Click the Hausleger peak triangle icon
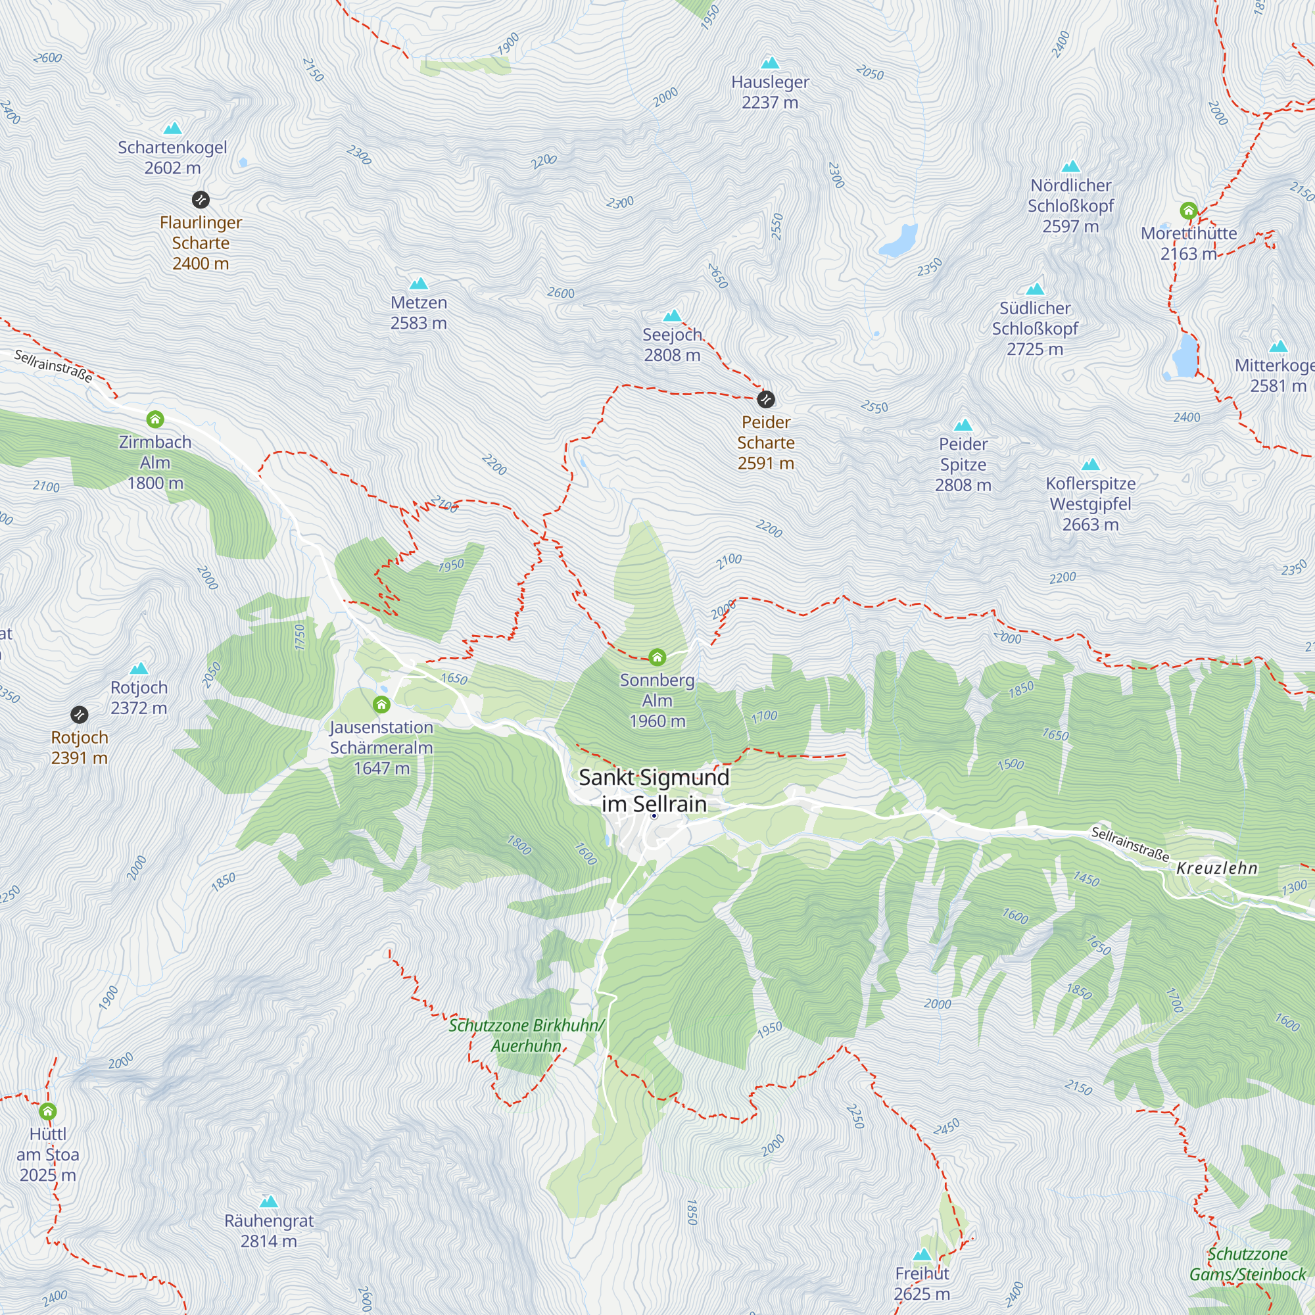770,63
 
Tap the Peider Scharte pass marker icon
766,399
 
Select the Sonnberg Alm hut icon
657,657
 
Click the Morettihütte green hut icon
1188,210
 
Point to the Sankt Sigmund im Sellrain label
654,790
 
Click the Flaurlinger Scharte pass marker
200,199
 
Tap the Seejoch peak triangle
673,316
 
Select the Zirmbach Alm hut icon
155,419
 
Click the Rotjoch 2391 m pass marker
80,715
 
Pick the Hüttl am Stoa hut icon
47,1111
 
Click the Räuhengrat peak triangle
269,1202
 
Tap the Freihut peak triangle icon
922,1255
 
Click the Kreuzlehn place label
1217,868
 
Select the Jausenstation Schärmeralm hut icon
381,704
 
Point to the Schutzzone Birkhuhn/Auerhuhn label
526,1036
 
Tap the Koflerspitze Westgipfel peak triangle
1090,465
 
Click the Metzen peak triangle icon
419,284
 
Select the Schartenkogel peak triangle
173,129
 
